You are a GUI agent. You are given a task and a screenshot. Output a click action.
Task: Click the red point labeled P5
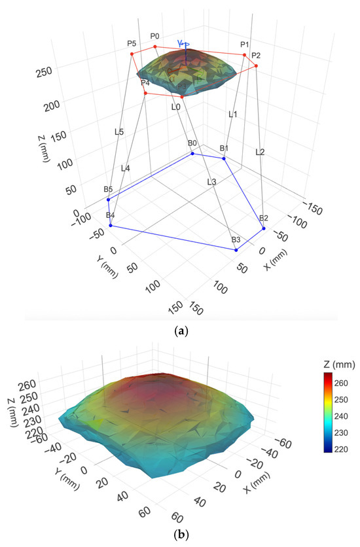(x=132, y=54)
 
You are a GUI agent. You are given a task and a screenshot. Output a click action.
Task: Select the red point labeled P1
(x=244, y=55)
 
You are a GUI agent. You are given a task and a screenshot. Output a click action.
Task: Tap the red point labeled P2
(x=256, y=65)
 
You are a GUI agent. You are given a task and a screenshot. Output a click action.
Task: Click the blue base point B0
(x=192, y=153)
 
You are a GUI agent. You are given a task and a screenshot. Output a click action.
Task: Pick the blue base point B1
(x=224, y=158)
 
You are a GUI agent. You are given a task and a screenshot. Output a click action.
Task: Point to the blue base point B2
(x=264, y=228)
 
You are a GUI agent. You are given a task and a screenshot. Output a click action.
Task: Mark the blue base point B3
(x=236, y=250)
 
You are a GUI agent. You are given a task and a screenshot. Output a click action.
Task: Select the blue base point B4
(x=111, y=225)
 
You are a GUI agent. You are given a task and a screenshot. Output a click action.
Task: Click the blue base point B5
(x=108, y=200)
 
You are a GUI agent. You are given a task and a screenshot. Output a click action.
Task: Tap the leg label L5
(x=119, y=132)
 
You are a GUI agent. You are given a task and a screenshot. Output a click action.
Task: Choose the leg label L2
(x=260, y=152)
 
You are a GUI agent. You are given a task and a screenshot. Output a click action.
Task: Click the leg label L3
(x=211, y=182)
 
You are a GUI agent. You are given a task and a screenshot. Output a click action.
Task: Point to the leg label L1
(x=232, y=114)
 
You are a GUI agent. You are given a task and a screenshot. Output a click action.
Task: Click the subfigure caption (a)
(x=181, y=330)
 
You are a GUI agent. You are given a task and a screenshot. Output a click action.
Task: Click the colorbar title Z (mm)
(x=339, y=364)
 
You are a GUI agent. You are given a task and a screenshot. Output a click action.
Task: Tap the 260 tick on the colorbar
(x=341, y=383)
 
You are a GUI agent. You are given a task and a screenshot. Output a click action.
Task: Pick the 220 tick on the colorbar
(x=341, y=450)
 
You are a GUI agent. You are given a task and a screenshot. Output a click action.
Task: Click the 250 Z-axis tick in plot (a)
(x=45, y=72)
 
